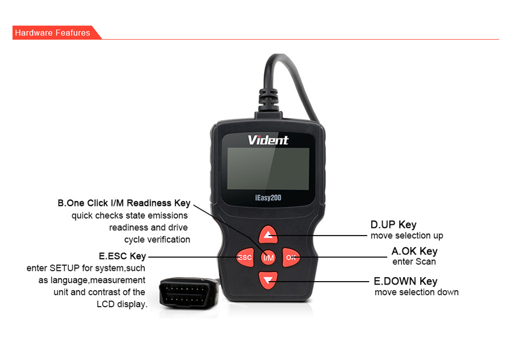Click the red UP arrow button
tap(268, 235)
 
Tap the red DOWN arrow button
tap(268, 280)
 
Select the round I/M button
tap(268, 258)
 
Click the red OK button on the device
tap(291, 257)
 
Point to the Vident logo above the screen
tap(268, 140)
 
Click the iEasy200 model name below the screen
tap(268, 198)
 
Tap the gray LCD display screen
tap(268, 169)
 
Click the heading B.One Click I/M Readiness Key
tap(124, 203)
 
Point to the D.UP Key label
tap(393, 224)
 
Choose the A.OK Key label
tap(414, 251)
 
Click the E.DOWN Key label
tap(405, 281)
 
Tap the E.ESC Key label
tap(122, 256)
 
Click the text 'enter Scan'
tap(414, 262)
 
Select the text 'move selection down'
tap(417, 292)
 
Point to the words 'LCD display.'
tap(122, 304)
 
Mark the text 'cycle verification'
tap(157, 240)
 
